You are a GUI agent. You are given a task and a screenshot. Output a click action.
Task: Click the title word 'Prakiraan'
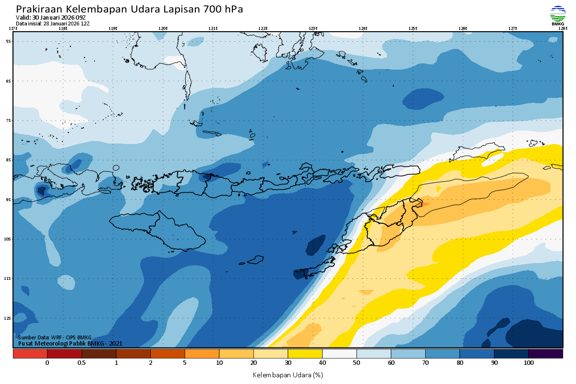tap(39, 10)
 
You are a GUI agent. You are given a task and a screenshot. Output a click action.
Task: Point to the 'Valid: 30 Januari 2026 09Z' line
tap(51, 18)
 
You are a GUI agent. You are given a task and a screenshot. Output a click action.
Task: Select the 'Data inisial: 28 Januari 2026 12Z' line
tap(53, 23)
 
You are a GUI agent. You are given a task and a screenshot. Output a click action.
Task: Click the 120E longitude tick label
tap(163, 28)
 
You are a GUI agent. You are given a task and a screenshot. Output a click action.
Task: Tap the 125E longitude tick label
tap(413, 28)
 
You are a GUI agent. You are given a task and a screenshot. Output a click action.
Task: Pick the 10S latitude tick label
tap(7, 239)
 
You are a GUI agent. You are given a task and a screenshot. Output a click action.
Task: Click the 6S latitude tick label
tap(8, 81)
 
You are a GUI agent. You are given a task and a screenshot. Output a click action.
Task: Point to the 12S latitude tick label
tap(7, 318)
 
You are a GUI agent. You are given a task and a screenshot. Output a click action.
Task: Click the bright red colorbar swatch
tap(30, 354)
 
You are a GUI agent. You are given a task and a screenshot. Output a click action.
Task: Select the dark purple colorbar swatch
tap(546, 354)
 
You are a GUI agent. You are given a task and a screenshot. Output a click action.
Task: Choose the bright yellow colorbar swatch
tap(305, 354)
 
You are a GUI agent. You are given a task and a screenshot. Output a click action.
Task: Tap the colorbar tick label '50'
tap(357, 363)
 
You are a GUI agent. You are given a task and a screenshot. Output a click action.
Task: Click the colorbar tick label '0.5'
tap(82, 363)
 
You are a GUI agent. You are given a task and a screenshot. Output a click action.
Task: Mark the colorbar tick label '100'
tap(528, 363)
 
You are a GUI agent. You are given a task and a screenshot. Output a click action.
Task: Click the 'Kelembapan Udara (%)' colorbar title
tap(288, 374)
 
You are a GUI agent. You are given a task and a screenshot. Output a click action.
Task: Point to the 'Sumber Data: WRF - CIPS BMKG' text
tap(55, 337)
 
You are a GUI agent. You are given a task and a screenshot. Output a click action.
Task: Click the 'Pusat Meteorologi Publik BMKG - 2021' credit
tap(70, 343)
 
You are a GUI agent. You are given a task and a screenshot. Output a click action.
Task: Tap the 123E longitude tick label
tap(313, 28)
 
